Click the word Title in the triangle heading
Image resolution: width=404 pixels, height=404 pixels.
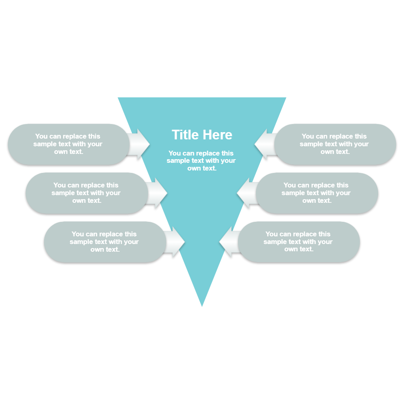pos(186,135)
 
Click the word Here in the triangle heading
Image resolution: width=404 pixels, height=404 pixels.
pos(218,135)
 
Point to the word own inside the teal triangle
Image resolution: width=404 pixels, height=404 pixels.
pos(194,168)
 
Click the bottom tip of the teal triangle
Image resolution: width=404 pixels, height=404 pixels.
pos(202,305)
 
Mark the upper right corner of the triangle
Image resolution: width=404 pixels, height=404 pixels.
pos(285,98)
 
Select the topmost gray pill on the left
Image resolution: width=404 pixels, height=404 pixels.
pos(68,144)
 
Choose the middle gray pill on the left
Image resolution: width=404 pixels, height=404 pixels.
pos(86,193)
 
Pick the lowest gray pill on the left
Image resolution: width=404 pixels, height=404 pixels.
pos(104,242)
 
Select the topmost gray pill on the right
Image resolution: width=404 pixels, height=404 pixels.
pos(335,144)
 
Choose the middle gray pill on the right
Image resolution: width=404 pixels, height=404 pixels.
pos(317,193)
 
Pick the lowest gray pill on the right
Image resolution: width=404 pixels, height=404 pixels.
pos(299,242)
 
